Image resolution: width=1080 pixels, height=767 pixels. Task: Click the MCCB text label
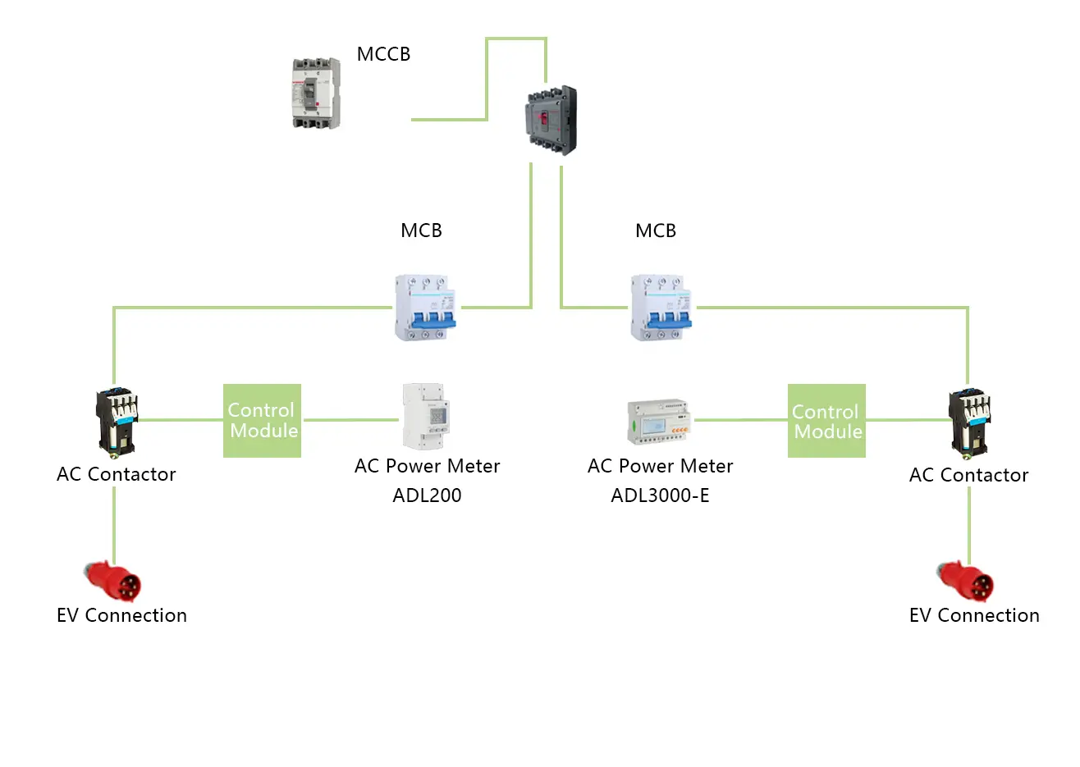point(383,54)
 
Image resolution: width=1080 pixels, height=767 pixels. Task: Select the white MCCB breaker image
point(316,94)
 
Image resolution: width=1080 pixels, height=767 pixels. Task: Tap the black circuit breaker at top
point(551,121)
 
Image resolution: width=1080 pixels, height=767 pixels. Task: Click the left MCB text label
point(421,231)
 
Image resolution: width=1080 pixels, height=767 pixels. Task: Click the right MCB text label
point(656,231)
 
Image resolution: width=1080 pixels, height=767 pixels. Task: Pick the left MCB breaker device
point(425,308)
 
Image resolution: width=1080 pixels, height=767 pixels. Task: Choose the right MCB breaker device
point(661,308)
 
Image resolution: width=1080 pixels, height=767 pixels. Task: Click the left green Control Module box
point(263,420)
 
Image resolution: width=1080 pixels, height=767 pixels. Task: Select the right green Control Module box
point(826,421)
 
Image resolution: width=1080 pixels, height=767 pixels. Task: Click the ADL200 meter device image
point(425,417)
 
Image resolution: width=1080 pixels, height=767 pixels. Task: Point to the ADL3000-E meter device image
point(660,422)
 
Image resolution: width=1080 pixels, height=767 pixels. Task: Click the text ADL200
point(427,495)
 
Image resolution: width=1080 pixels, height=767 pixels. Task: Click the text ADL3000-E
point(660,495)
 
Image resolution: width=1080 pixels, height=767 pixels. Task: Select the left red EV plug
point(114,581)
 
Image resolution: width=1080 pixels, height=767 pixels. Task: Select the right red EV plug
point(967,581)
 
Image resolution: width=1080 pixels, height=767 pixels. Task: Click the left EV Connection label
point(121,615)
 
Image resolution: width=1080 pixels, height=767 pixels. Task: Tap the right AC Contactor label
point(968,475)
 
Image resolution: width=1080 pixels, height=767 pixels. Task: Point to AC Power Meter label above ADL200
point(427,466)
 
